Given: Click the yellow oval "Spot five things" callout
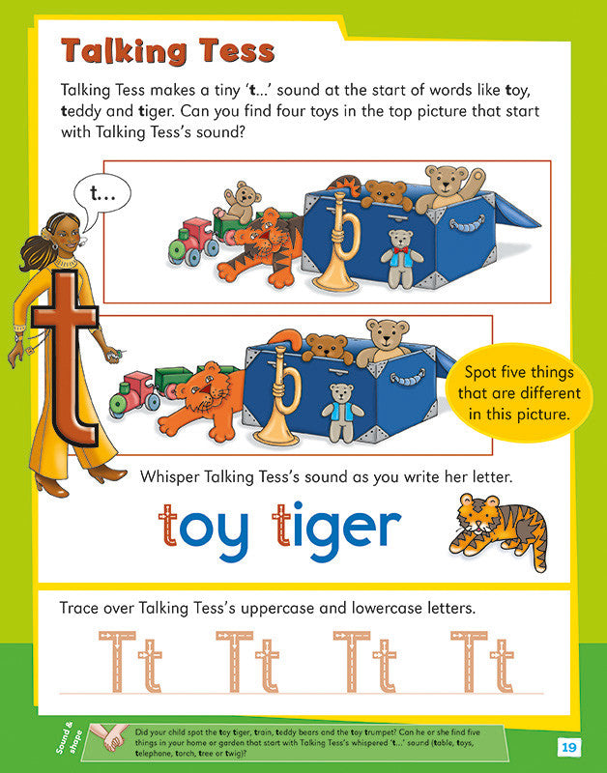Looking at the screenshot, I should tap(523, 392).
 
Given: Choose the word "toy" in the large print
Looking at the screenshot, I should tap(210, 529).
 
